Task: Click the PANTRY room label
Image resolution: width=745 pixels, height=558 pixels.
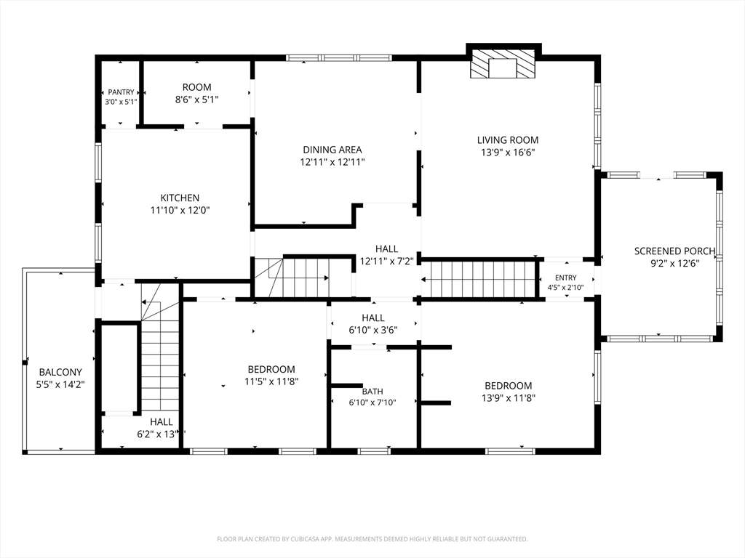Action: click(121, 92)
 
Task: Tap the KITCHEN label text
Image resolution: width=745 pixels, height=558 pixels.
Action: click(180, 198)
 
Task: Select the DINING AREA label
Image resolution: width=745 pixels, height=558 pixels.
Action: click(332, 150)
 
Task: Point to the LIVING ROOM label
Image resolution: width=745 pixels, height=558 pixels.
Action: click(507, 140)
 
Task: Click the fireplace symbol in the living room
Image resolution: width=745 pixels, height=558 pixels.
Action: click(503, 63)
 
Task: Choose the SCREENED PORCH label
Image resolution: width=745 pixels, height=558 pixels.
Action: click(674, 251)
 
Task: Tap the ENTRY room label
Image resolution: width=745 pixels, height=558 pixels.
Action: click(565, 278)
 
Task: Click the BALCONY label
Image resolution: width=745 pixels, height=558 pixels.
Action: click(60, 372)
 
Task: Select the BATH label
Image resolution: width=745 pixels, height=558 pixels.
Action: click(372, 392)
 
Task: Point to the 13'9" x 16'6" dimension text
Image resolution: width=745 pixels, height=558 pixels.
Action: click(508, 153)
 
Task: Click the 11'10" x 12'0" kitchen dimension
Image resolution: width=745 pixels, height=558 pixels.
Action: click(180, 210)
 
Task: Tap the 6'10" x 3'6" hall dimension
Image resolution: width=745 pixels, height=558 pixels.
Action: click(373, 330)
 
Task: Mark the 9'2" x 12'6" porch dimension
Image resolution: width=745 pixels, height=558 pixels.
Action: click(674, 263)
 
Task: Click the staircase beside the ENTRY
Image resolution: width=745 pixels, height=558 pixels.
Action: click(479, 280)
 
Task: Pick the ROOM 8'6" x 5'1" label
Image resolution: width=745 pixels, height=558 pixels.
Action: click(196, 94)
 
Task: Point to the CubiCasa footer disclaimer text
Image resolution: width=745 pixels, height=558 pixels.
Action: click(372, 539)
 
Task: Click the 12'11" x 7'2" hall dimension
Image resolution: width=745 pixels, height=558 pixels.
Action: click(387, 261)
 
